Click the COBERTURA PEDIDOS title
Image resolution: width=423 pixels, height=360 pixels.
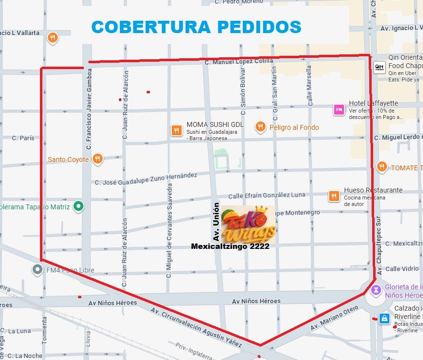point(196,27)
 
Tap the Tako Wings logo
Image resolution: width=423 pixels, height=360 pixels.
point(248,225)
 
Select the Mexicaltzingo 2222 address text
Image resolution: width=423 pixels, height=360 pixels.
point(230,246)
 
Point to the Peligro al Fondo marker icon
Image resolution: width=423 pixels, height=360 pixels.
point(260,127)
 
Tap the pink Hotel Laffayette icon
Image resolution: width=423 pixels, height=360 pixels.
point(339,109)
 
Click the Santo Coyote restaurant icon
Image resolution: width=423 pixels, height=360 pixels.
point(98,159)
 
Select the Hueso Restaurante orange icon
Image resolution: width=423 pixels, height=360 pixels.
point(334,196)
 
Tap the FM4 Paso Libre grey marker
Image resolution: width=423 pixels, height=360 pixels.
point(37,270)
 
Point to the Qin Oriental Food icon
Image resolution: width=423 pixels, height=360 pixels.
point(379,67)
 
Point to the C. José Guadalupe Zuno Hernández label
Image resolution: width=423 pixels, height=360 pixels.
point(146,179)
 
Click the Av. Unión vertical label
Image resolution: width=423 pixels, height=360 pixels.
point(216,221)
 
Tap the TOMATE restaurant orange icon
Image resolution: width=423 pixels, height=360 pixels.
point(381,167)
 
